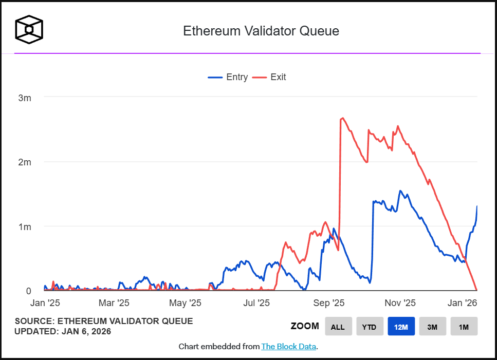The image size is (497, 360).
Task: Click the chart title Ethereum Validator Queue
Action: (261, 31)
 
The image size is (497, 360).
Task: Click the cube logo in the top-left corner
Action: (29, 29)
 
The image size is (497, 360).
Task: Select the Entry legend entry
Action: (228, 77)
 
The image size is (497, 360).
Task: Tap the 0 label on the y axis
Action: (28, 291)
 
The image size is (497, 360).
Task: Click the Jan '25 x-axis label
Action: (46, 304)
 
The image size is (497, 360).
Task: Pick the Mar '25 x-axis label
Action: (114, 304)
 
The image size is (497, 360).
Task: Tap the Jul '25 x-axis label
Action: (256, 304)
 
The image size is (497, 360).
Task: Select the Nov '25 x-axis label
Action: (400, 304)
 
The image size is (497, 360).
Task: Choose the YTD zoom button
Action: (370, 327)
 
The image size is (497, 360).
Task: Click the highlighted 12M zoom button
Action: (401, 327)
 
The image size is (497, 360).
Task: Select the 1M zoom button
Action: (464, 327)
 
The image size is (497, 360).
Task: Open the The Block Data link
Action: (288, 347)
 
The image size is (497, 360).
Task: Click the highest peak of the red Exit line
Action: (342, 118)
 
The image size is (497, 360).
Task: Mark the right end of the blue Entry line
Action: (477, 206)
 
